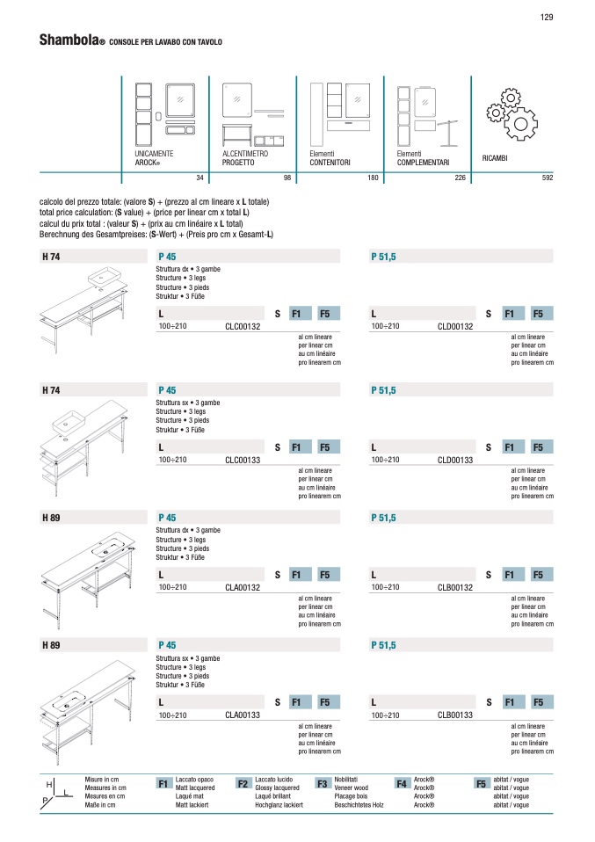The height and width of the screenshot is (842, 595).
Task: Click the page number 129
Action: (x=546, y=18)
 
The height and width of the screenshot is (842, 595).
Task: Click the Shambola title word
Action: (x=69, y=40)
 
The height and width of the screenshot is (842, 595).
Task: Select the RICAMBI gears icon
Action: (x=512, y=115)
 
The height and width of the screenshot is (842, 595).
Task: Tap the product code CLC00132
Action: (x=243, y=326)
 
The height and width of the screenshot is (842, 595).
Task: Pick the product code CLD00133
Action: (x=455, y=461)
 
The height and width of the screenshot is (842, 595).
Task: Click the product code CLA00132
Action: (x=243, y=587)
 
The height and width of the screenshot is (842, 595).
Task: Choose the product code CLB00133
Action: (x=455, y=715)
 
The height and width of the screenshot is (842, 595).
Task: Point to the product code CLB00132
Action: (x=455, y=587)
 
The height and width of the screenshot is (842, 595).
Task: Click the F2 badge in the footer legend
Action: (x=243, y=784)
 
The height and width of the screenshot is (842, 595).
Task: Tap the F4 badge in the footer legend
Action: (x=402, y=784)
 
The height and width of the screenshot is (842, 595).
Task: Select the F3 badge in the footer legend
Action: (x=323, y=784)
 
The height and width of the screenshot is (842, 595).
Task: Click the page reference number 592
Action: (x=548, y=178)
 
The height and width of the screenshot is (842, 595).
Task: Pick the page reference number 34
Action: (x=200, y=178)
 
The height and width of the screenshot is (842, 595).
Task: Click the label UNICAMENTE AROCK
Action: (x=154, y=158)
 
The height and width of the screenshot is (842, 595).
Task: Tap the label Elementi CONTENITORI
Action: (x=330, y=158)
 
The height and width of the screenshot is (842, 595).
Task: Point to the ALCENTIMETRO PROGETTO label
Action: (x=245, y=158)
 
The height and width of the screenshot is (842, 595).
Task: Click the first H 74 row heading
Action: (x=51, y=258)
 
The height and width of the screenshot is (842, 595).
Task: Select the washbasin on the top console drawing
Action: (x=105, y=277)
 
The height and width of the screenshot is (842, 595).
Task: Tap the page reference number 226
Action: (x=461, y=178)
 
